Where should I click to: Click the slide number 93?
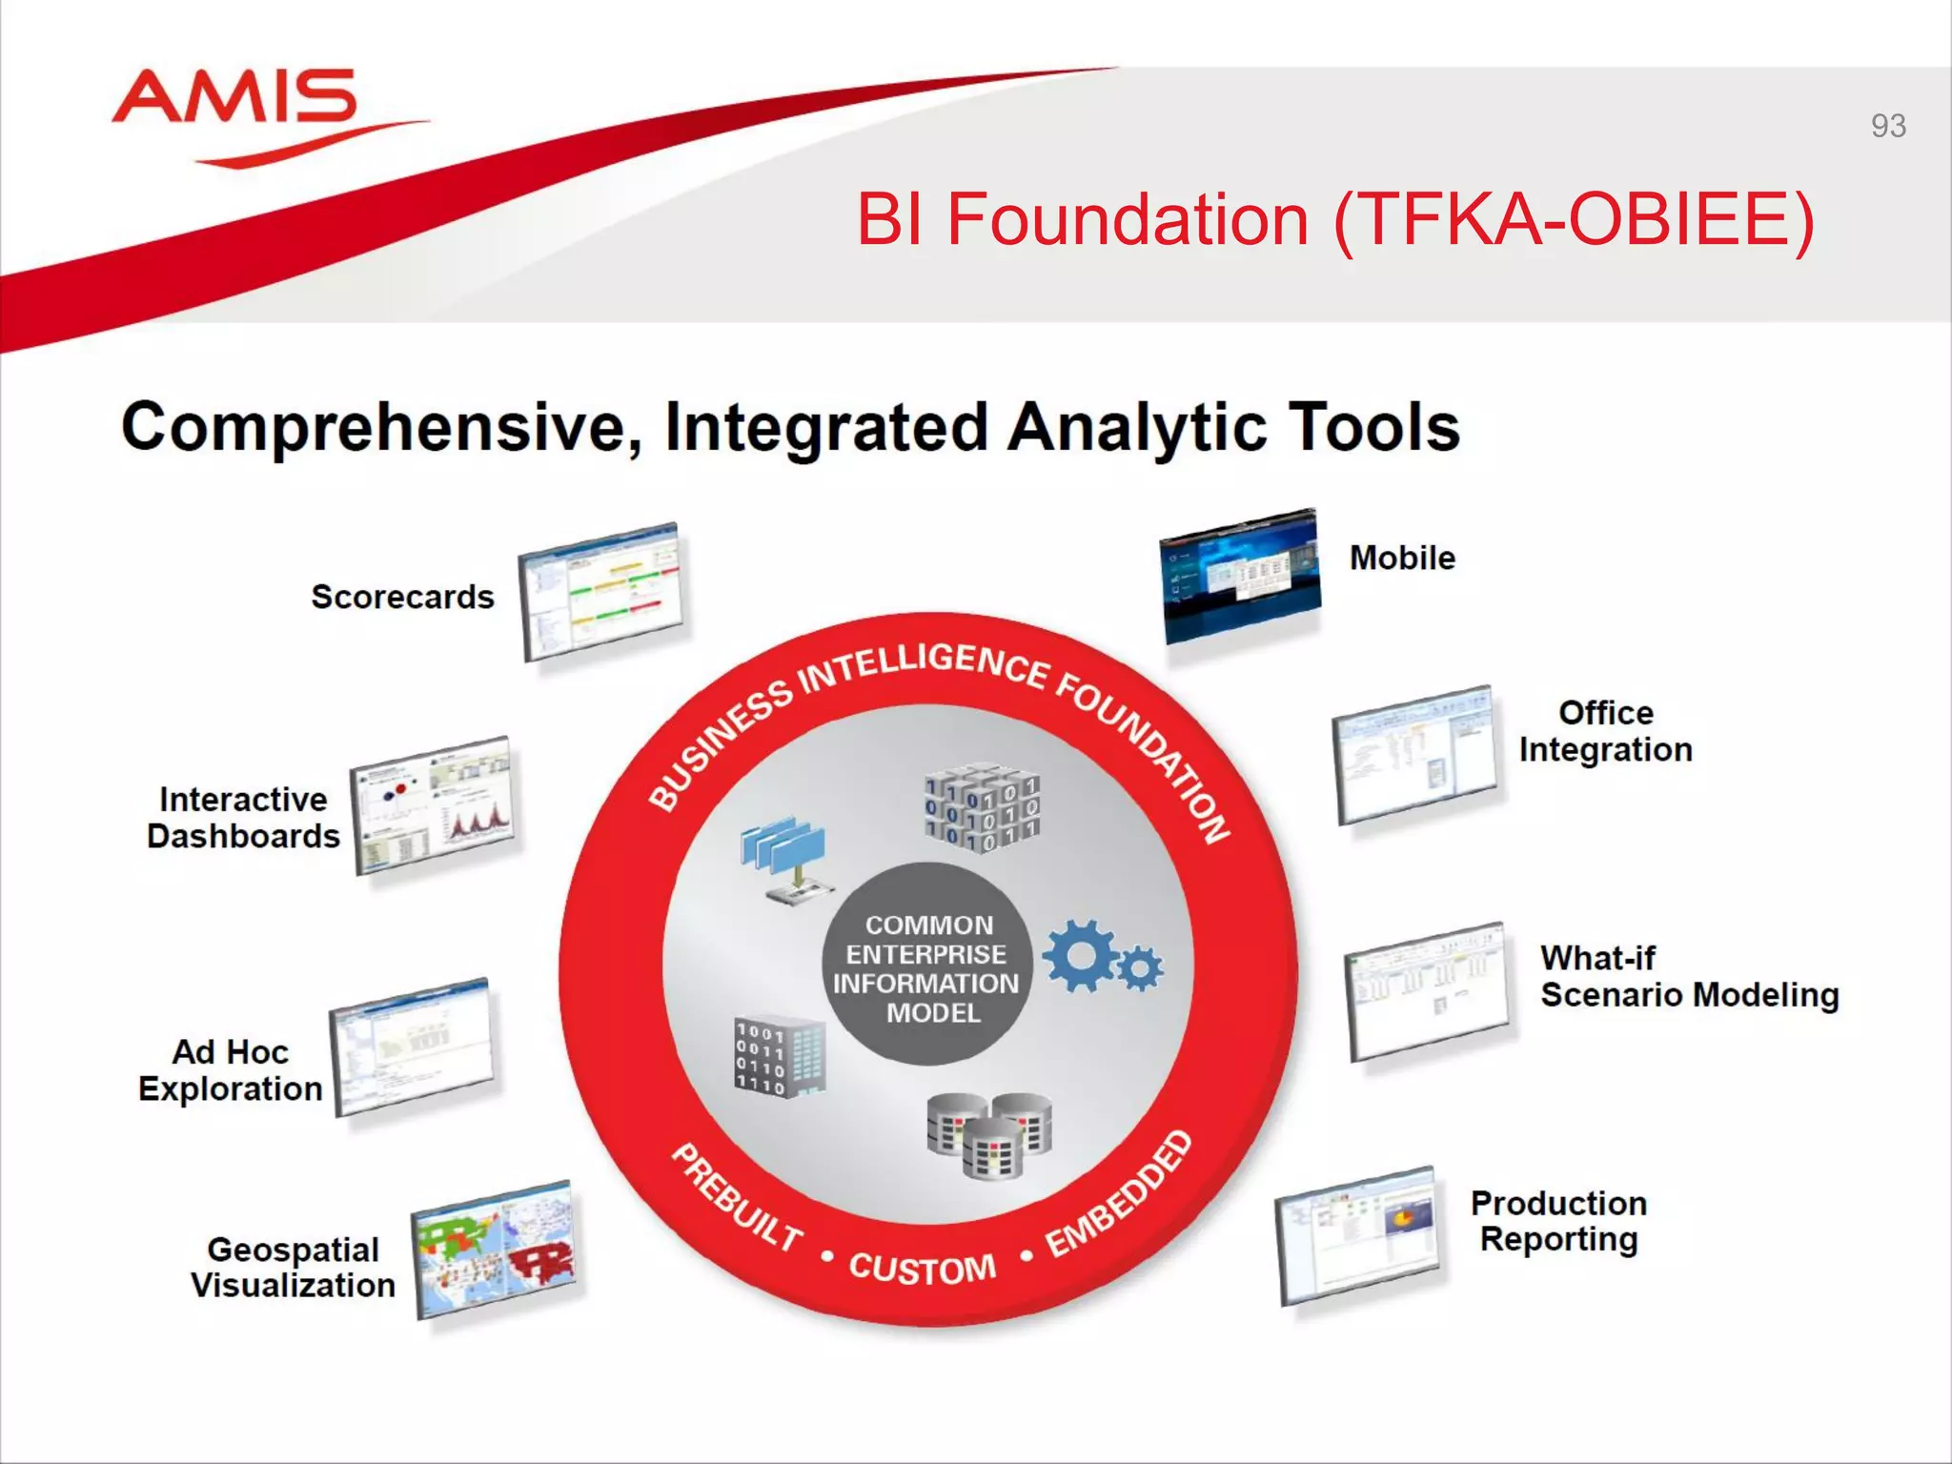click(x=1887, y=126)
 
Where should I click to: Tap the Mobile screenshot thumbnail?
click(x=1240, y=577)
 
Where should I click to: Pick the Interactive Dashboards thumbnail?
click(x=434, y=805)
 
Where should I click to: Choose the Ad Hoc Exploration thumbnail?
click(x=412, y=1047)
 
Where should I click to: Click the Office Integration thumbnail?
click(x=1415, y=755)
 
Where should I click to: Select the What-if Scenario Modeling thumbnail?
click(x=1427, y=992)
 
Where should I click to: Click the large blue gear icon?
click(x=1080, y=955)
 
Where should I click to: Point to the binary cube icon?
click(x=982, y=808)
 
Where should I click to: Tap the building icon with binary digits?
click(x=779, y=1057)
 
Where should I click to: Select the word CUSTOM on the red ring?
click(x=922, y=1269)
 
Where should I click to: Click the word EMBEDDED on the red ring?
click(x=1120, y=1195)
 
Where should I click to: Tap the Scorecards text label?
click(x=402, y=598)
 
